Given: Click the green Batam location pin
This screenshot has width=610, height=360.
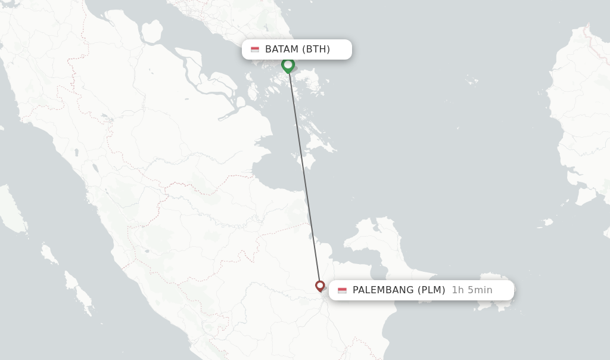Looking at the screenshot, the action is [x=288, y=65].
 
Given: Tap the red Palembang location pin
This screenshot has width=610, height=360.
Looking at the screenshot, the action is [x=320, y=286].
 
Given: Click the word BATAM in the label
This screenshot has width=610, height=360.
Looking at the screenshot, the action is [x=282, y=49].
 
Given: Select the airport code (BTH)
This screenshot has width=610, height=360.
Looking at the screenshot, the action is [x=316, y=49].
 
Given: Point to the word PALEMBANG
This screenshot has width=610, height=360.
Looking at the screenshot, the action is [x=383, y=290].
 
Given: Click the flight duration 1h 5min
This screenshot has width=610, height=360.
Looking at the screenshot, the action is [x=472, y=290].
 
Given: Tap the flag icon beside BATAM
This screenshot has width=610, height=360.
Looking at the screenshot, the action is [x=255, y=49].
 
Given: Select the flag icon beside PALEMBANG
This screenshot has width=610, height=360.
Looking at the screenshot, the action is [x=342, y=290].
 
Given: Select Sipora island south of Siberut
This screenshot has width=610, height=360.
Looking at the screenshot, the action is [x=49, y=253].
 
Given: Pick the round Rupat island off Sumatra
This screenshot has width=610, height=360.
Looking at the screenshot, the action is [x=151, y=32].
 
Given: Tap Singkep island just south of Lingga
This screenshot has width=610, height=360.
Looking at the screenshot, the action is [x=304, y=160].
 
